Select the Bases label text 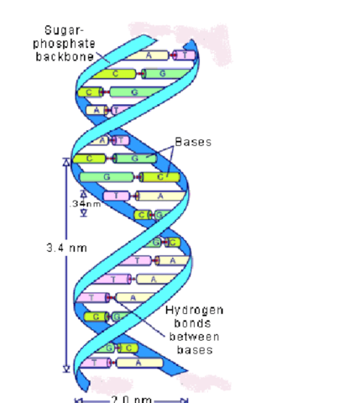(192, 142)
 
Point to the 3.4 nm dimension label (66, 248)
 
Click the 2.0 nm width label (130, 398)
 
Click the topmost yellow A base (148, 55)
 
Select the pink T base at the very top (185, 55)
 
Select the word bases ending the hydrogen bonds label (194, 348)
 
